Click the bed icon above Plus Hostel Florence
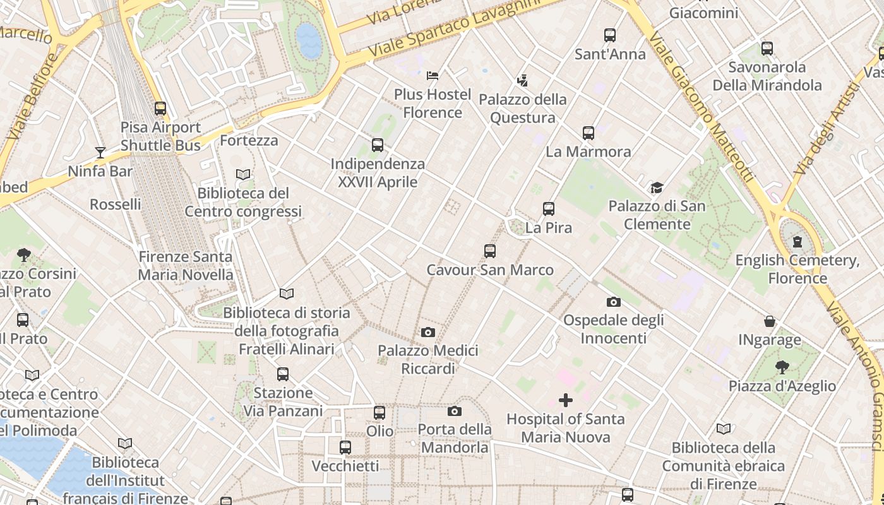(433, 76)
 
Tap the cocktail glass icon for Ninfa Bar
(100, 152)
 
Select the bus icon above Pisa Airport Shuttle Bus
(160, 109)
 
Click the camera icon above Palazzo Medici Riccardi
(428, 332)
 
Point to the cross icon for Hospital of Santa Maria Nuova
(566, 400)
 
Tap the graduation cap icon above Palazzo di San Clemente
(657, 187)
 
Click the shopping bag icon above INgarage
(770, 321)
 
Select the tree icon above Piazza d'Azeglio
(782, 367)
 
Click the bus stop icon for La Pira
(549, 209)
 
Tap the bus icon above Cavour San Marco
(490, 251)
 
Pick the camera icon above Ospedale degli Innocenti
(613, 302)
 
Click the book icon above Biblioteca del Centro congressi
(243, 174)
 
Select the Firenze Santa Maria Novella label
(186, 266)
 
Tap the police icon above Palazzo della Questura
(522, 81)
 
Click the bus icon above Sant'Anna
(610, 35)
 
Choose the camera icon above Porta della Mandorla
(455, 412)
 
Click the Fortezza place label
(249, 140)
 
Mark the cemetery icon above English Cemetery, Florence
(797, 241)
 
